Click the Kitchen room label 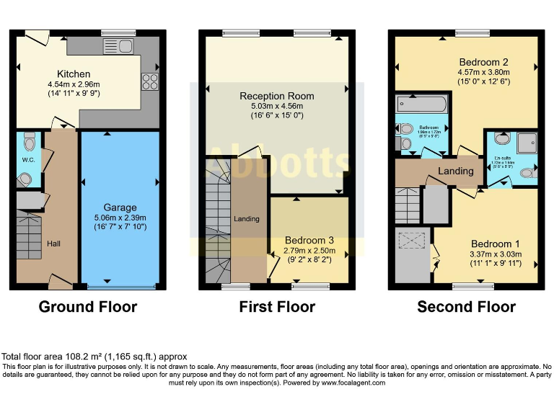pyautogui.click(x=74, y=73)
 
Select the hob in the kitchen pyautogui.click(x=149, y=82)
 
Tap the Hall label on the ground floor pyautogui.click(x=53, y=244)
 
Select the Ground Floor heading pyautogui.click(x=87, y=307)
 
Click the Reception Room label pyautogui.click(x=277, y=96)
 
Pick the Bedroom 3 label pyautogui.click(x=309, y=240)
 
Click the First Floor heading pyautogui.click(x=277, y=307)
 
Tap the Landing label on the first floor pyautogui.click(x=246, y=219)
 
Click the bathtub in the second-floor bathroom pyautogui.click(x=422, y=104)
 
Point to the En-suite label pyautogui.click(x=502, y=157)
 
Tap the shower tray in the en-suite pyautogui.click(x=523, y=140)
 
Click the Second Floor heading pyautogui.click(x=466, y=307)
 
